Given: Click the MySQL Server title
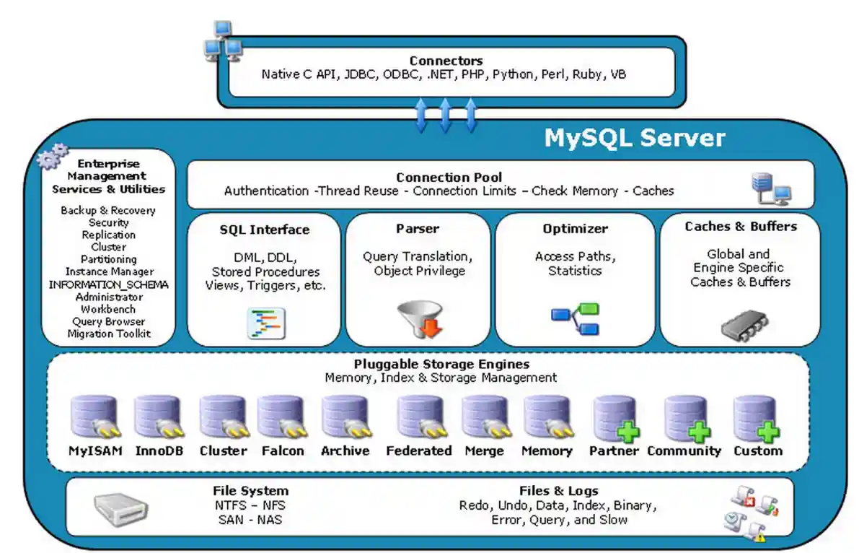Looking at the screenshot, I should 634,137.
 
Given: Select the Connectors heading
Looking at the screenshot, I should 446,61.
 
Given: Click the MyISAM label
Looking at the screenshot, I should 95,451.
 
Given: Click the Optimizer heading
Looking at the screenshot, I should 575,229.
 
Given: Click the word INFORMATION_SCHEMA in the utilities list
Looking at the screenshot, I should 108,284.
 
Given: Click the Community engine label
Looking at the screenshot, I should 684,451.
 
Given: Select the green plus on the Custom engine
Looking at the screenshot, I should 767,433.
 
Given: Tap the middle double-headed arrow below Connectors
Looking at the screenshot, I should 445,116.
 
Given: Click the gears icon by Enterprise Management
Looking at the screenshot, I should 53,157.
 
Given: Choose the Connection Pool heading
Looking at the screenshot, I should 449,178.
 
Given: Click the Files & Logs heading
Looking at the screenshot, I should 558,491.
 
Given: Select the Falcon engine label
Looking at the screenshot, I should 282,451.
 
